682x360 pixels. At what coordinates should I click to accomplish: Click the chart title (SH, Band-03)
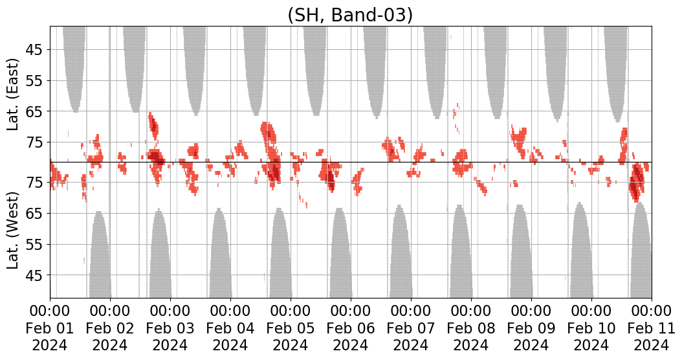350,14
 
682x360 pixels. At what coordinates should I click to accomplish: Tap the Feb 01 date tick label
50,328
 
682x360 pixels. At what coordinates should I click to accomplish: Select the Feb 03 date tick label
170,328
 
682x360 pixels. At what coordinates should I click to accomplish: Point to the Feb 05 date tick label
291,328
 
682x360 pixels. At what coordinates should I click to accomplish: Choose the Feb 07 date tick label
411,328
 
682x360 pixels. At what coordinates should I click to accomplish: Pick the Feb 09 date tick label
531,328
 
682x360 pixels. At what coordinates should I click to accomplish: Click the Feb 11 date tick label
651,328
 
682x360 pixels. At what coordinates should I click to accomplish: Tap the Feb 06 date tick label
351,328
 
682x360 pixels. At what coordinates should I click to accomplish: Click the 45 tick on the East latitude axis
34,50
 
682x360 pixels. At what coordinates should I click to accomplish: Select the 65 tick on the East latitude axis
34,111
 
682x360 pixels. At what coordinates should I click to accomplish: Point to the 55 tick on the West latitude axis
34,245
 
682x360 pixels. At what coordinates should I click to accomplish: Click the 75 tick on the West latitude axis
34,183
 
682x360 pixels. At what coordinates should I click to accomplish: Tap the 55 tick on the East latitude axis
34,81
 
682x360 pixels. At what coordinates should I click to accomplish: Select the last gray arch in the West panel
641,253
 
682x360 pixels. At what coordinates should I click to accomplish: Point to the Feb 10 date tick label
591,328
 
